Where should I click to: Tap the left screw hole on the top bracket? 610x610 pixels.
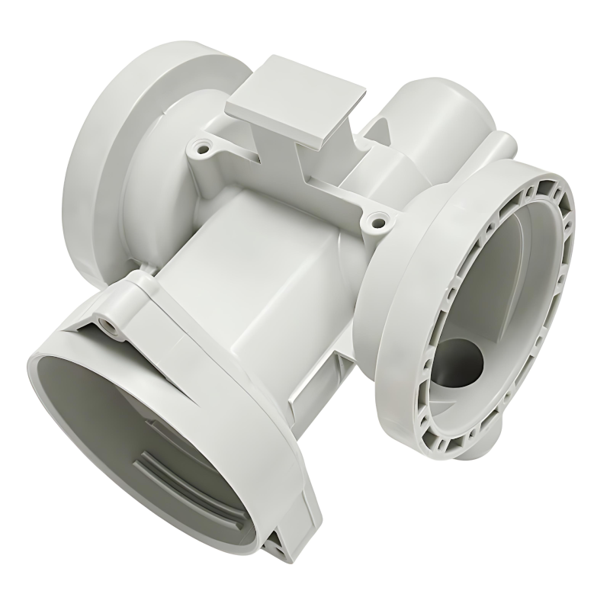[x=203, y=145]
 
